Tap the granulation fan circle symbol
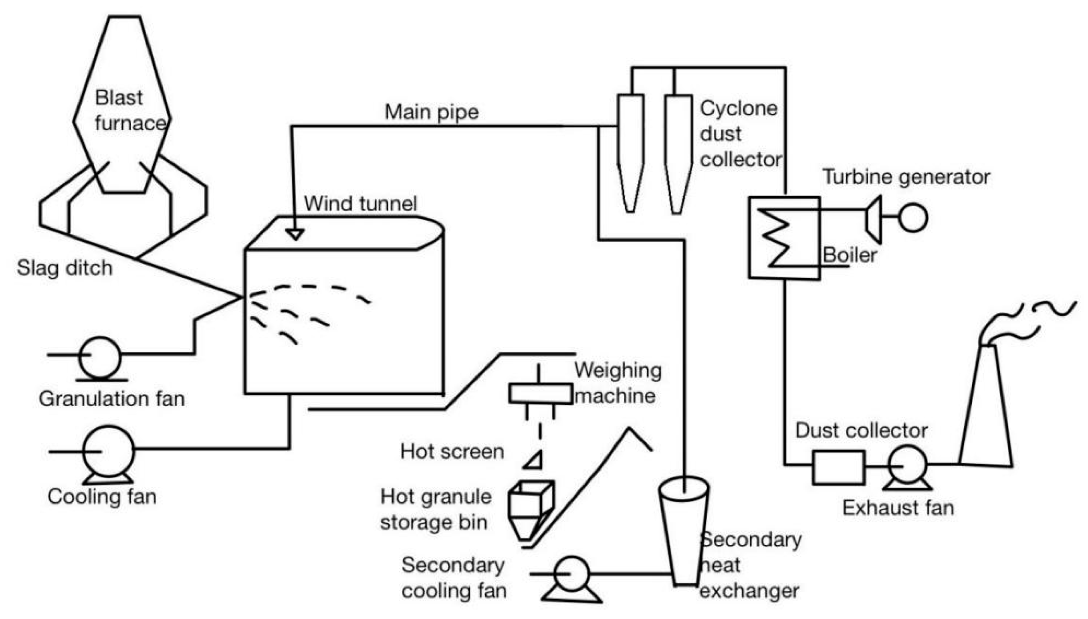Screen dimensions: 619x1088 [100, 358]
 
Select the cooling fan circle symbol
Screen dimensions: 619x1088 [108, 451]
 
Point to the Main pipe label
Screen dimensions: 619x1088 [431, 112]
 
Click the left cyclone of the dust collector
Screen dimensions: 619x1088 [630, 149]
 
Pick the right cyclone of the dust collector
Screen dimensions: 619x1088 [678, 149]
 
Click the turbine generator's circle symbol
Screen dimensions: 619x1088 [912, 218]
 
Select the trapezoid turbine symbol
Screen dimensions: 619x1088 [874, 219]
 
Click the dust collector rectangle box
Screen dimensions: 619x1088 [838, 467]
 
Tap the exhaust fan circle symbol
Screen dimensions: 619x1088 [907, 465]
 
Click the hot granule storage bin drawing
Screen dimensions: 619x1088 [531, 508]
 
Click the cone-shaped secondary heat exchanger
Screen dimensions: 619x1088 [684, 532]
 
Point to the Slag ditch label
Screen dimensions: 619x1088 [65, 268]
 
